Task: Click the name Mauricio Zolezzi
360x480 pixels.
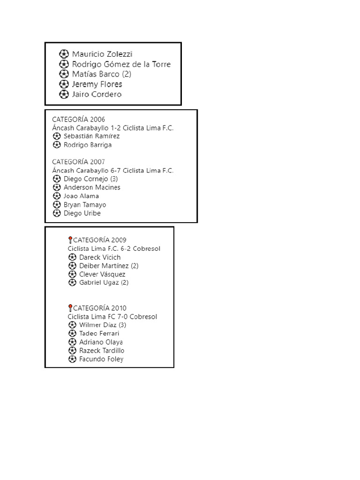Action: [102, 54]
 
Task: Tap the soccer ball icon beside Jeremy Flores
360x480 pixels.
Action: [64, 84]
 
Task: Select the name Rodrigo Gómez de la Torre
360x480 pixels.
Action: [121, 64]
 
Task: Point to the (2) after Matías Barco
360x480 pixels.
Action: [127, 74]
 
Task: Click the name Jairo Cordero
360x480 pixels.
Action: [97, 94]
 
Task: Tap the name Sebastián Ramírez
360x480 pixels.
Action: [91, 136]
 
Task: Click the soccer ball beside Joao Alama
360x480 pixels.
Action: [57, 196]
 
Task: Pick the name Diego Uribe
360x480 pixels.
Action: [82, 213]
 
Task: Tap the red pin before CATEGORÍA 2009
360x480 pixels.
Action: [70, 240]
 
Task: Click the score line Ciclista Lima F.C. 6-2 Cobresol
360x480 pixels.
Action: [114, 248]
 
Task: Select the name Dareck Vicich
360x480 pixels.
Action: [100, 257]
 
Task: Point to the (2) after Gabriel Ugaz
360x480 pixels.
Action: [125, 282]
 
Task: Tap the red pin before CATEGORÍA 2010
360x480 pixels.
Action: [70, 308]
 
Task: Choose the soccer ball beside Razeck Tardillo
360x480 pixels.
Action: [72, 351]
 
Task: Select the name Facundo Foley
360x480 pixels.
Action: [101, 359]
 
